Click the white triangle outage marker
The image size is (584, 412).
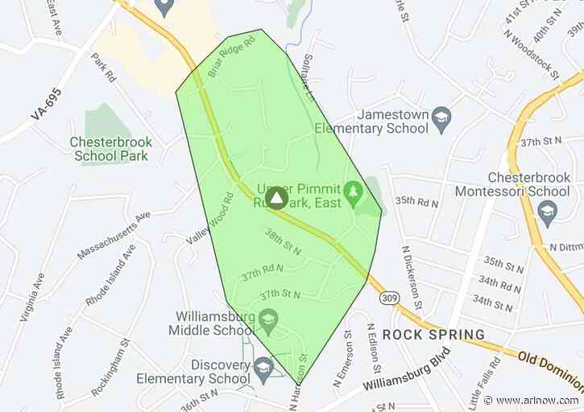[x=275, y=196]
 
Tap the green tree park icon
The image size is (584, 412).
[x=351, y=193]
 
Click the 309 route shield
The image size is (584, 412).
[x=387, y=299]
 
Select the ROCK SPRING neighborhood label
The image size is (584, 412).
[x=433, y=334]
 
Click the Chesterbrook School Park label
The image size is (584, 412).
[x=111, y=148]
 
